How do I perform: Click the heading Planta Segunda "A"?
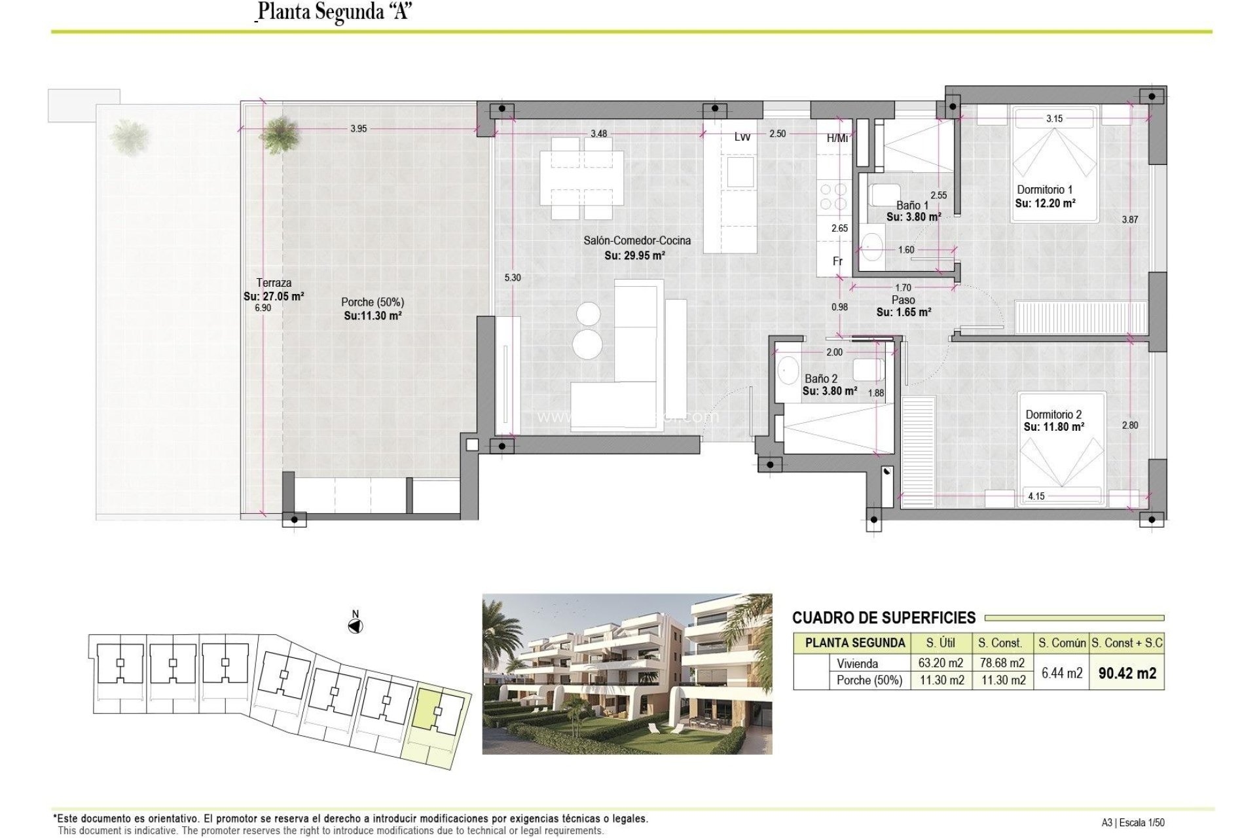click(x=334, y=12)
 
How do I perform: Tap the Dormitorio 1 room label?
click(x=1044, y=190)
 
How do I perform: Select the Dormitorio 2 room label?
click(x=1053, y=414)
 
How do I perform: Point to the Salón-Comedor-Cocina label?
click(x=637, y=241)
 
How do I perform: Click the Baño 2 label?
click(x=821, y=378)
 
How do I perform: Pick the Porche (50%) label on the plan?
click(x=372, y=302)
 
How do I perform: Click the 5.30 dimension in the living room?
click(x=513, y=278)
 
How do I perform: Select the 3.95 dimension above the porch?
click(x=358, y=129)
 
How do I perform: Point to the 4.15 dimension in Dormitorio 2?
click(x=1036, y=496)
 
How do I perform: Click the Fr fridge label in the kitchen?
click(x=837, y=261)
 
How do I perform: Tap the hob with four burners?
click(x=833, y=196)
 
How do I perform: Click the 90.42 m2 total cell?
click(x=1127, y=673)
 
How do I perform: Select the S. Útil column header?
click(x=940, y=643)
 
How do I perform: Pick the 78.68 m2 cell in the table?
click(x=1002, y=663)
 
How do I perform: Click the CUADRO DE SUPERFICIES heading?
click(x=883, y=617)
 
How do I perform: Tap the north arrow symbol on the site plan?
click(x=355, y=627)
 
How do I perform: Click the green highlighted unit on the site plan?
click(x=427, y=707)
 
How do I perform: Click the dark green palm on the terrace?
click(x=280, y=136)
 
